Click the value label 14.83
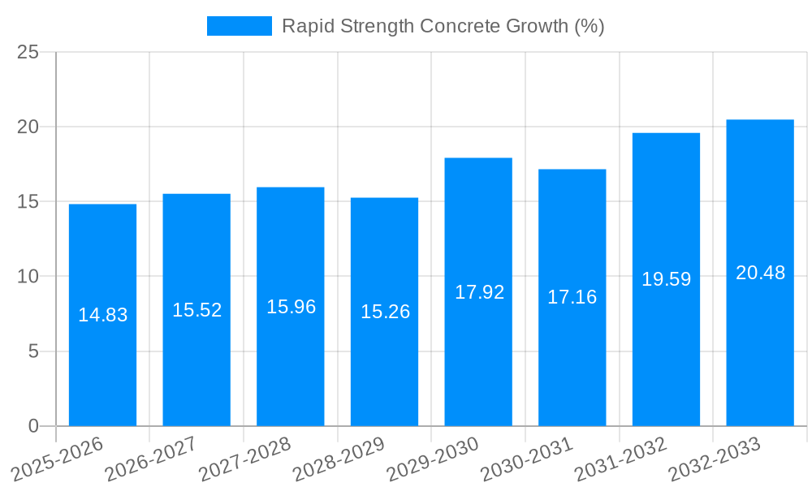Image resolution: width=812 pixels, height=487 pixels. [x=102, y=315]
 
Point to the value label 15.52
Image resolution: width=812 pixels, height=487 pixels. [x=197, y=309]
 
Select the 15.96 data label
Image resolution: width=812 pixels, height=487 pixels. [x=291, y=307]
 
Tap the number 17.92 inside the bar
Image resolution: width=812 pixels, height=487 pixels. [x=479, y=292]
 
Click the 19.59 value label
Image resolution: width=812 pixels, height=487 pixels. [x=666, y=279]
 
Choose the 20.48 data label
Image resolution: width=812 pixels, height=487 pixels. [x=760, y=273]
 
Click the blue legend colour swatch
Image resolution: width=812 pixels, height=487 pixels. [x=240, y=26]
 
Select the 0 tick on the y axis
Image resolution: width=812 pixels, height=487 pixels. [x=33, y=426]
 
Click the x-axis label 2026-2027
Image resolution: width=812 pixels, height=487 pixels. [x=152, y=458]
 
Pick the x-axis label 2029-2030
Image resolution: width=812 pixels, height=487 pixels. [x=433, y=458]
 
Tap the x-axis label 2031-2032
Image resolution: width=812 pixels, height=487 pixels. [x=621, y=458]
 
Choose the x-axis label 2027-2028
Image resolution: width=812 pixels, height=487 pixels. [x=245, y=458]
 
